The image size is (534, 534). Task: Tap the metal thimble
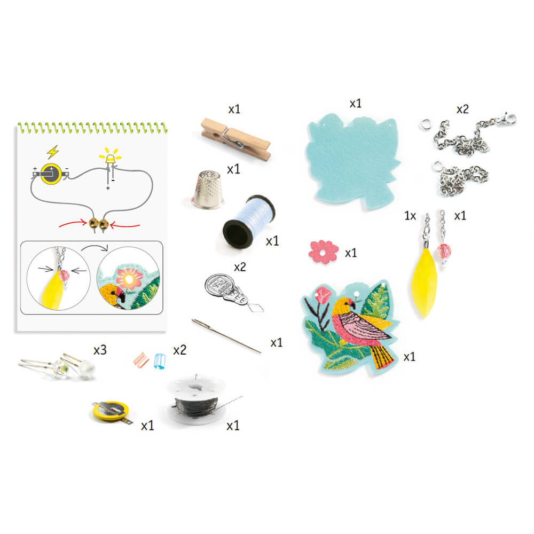point(208,190)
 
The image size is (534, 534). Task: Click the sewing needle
point(226,336)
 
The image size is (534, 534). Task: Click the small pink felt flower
point(323,252)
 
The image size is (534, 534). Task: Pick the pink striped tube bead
point(142,360)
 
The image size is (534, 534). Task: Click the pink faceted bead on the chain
point(444,252)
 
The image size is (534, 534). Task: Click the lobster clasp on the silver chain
point(507,119)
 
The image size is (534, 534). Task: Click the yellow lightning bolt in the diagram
point(53,152)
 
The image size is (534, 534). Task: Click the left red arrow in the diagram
point(73,223)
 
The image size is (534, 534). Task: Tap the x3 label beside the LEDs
point(100,350)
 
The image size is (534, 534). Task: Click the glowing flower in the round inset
point(129,278)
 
